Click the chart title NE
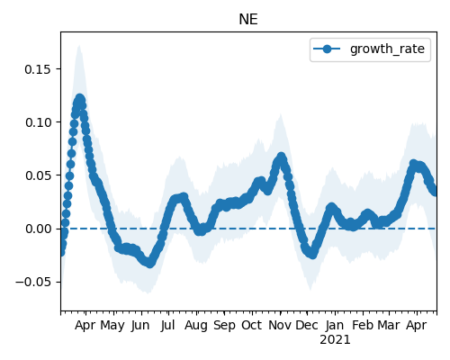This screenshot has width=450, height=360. tap(248, 20)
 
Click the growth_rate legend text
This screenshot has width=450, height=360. tap(387, 49)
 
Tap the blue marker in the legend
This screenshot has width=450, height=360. tap(327, 49)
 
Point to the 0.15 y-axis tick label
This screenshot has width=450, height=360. tap(38, 69)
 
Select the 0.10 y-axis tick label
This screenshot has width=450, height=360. tap(38, 122)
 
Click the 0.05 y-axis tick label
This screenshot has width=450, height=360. tap(38, 175)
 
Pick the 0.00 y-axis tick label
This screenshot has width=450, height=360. tap(38, 229)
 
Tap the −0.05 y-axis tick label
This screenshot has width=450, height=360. tap(33, 282)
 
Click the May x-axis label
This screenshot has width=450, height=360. tap(112, 325)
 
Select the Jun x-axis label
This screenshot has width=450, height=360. tap(140, 325)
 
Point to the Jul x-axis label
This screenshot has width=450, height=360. tap(167, 325)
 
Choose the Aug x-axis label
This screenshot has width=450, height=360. tap(196, 325)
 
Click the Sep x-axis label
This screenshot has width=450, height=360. tap(224, 325)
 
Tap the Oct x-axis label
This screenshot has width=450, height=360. tap(252, 325)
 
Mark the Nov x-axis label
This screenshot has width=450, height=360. tap(280, 325)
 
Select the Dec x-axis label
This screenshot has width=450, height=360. tap(307, 325)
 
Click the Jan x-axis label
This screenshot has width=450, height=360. tap(335, 325)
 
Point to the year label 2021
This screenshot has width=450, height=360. tap(335, 340)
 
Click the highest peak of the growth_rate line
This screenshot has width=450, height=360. tap(79, 99)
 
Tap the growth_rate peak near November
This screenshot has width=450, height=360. tap(281, 157)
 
